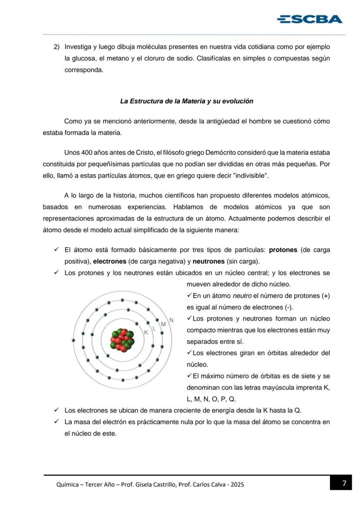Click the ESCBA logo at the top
pos(310,19)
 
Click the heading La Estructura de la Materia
pos(187,101)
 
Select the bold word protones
pos(283,250)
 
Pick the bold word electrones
pos(110,262)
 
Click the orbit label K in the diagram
pos(146,332)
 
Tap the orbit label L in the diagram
pos(154,328)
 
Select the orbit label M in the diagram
pos(163,324)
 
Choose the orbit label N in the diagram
pos(171,320)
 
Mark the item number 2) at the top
pos(56,47)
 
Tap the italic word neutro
pos(242,296)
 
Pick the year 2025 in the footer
pos(237,484)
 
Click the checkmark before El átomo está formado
pos(56,250)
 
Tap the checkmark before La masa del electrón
pos(56,422)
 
